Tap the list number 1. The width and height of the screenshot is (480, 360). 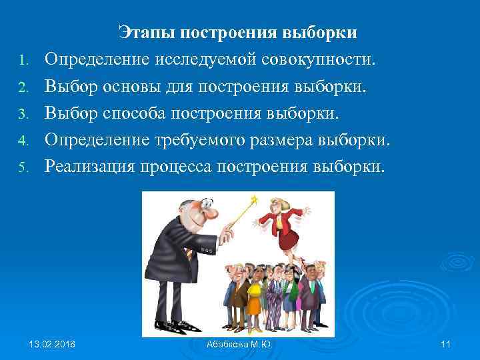click(22, 62)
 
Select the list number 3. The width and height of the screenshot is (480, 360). click(22, 115)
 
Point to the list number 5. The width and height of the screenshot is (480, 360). click(22, 167)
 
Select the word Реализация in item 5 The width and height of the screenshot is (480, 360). click(91, 166)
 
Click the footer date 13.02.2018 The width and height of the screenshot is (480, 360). click(53, 344)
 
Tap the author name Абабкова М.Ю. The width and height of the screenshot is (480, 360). click(240, 344)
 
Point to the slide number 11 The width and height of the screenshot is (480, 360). click(446, 344)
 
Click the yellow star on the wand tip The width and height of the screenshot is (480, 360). click(254, 199)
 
